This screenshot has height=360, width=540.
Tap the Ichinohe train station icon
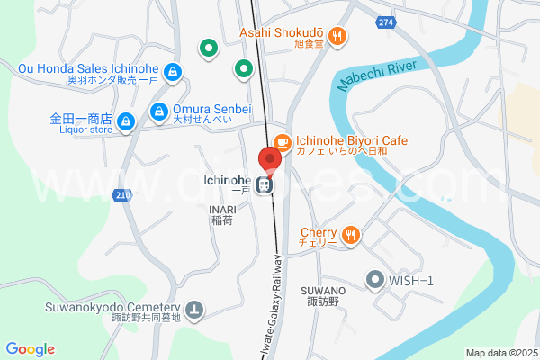point(265,185)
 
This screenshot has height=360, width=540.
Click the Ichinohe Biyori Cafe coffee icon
point(283,141)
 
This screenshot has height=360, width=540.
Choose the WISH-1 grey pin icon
point(374,280)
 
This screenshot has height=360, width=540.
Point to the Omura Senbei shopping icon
point(158,111)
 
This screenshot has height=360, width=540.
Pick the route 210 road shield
point(121,194)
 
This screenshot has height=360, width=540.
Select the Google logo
point(30,349)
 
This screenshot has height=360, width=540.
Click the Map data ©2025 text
point(500,352)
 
